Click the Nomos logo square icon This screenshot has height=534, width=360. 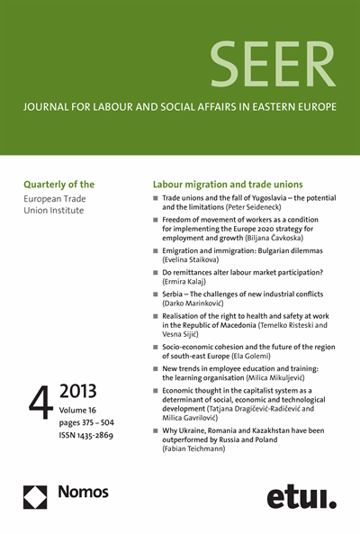[x=35, y=496]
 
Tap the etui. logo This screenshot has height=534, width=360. [x=301, y=496]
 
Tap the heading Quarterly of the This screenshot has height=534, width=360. [x=60, y=180]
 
